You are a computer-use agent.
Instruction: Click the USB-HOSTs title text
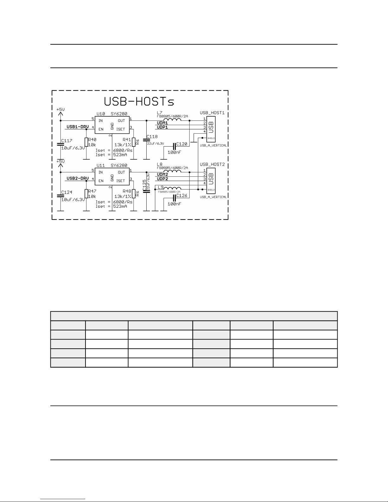click(x=139, y=101)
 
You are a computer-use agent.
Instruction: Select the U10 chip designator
click(x=100, y=114)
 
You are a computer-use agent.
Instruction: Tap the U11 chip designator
click(x=100, y=165)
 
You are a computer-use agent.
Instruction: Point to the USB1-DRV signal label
click(x=78, y=127)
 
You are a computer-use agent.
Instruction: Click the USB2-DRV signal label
click(x=78, y=179)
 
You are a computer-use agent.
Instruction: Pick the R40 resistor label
click(x=92, y=140)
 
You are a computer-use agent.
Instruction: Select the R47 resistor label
click(x=92, y=191)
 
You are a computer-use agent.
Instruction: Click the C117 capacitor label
click(x=67, y=141)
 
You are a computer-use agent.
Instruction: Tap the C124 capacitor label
click(x=67, y=192)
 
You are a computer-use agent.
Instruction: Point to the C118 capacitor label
click(x=152, y=137)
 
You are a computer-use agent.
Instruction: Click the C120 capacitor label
click(x=182, y=144)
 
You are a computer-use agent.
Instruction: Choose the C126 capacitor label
click(x=182, y=195)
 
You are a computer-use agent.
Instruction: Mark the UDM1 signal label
click(x=162, y=123)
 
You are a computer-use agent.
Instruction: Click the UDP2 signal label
click(x=162, y=179)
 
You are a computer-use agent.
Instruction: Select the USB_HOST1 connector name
click(x=212, y=113)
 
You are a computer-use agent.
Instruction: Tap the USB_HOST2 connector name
click(x=212, y=164)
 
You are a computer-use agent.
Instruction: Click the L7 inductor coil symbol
click(x=172, y=120)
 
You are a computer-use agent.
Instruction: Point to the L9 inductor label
click(x=161, y=187)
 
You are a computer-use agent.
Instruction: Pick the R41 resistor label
click(x=127, y=140)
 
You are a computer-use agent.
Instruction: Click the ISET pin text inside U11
click(x=121, y=181)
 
